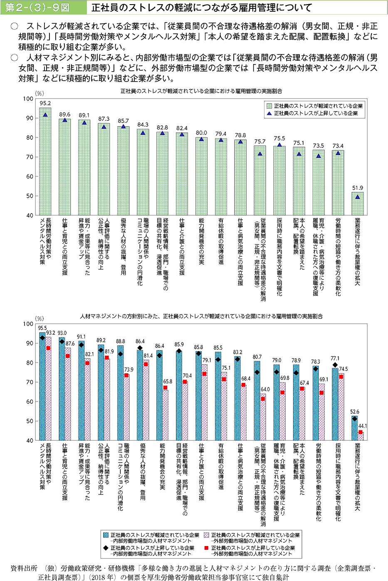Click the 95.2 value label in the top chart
click(x=45, y=103)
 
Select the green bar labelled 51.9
click(x=357, y=204)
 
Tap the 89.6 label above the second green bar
click(x=64, y=114)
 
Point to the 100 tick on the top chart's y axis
click(x=28, y=99)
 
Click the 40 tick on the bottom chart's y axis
click(x=28, y=440)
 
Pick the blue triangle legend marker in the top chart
click(x=269, y=113)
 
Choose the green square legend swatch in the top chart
click(x=269, y=106)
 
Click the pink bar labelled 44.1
click(x=361, y=436)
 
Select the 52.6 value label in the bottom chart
click(x=355, y=412)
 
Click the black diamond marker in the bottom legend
click(x=106, y=548)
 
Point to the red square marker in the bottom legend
click(x=207, y=548)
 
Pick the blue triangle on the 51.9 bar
click(x=358, y=197)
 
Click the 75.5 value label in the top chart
click(x=279, y=139)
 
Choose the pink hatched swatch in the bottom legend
click(x=207, y=535)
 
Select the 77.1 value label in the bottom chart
click(x=335, y=358)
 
